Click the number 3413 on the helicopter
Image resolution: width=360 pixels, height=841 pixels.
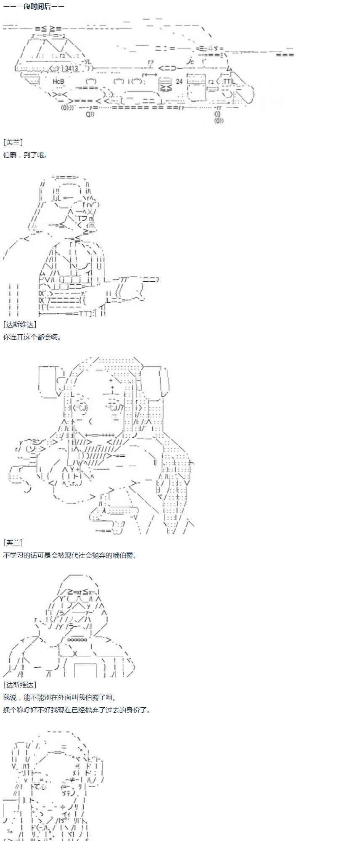point(71,68)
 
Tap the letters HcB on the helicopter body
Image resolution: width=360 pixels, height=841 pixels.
point(58,81)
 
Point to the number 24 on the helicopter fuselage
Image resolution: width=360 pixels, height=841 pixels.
point(180,81)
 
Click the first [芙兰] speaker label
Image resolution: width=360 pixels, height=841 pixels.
point(13,143)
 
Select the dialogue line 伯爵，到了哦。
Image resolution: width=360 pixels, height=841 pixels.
point(25,155)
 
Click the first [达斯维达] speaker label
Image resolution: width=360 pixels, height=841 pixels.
point(20,324)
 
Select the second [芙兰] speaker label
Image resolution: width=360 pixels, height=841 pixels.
point(13,543)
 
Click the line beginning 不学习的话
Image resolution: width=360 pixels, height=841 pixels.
point(70,555)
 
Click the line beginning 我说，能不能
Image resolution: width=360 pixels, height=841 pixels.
point(59,698)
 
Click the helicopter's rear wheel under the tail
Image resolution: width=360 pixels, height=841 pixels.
point(218,117)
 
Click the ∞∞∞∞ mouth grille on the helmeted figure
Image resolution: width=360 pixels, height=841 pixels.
point(77,640)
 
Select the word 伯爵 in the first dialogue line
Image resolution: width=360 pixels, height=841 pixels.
point(10,155)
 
